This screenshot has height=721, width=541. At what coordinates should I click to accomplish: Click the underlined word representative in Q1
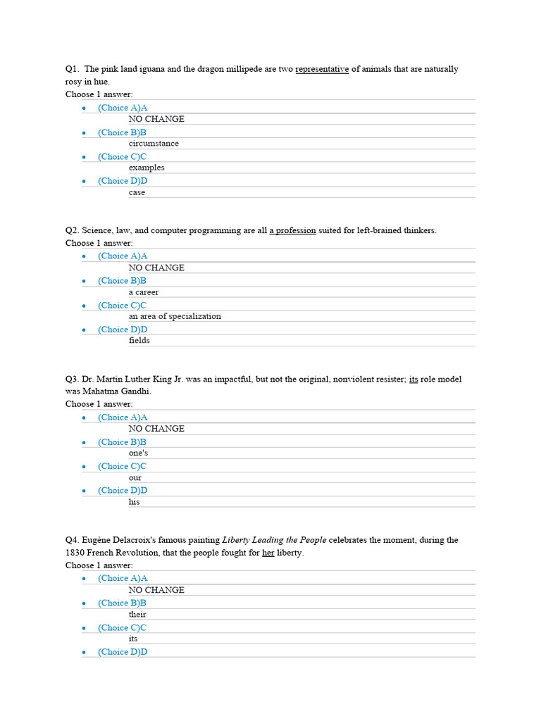coord(322,69)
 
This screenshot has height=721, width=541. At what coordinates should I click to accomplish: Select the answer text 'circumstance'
coord(154,144)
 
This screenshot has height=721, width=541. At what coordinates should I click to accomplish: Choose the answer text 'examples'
coord(147,168)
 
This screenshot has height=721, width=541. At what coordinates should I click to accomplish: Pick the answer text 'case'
coord(137,192)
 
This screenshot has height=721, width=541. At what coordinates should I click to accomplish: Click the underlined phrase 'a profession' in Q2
coord(292,230)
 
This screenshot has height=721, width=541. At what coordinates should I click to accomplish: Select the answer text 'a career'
coord(144,292)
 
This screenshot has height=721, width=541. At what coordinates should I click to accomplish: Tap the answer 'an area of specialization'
coord(175,316)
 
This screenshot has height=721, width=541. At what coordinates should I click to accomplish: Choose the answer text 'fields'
coord(139,341)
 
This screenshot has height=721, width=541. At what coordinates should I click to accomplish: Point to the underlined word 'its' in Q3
coord(413,379)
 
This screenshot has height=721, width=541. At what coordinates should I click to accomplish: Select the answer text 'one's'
coord(138,453)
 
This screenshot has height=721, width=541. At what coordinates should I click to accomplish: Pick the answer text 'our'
coord(135,478)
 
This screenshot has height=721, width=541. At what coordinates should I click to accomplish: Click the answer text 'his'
coord(135,503)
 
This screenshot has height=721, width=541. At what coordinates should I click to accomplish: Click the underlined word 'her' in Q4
coord(268,553)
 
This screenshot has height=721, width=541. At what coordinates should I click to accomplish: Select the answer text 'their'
coord(137,615)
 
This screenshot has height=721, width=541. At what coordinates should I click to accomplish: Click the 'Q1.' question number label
coord(73,69)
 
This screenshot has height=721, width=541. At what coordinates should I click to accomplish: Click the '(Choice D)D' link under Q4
coord(123,652)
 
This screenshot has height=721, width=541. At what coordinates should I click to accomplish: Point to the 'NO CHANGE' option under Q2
coord(156,268)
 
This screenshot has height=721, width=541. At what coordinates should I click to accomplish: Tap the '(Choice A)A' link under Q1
coord(123,108)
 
